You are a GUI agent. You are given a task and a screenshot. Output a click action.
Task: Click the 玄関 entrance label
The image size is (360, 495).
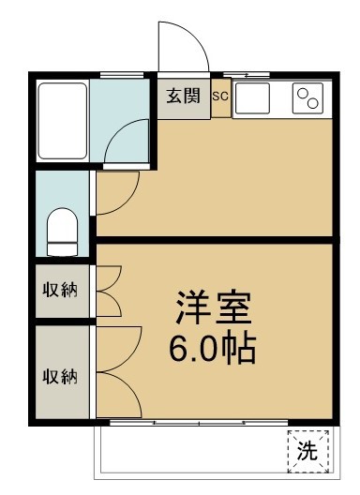click(x=184, y=96)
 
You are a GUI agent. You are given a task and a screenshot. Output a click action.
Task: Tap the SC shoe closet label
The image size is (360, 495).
click(x=220, y=96)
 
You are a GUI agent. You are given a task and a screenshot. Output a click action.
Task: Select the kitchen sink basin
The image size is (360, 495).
click(x=252, y=97)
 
